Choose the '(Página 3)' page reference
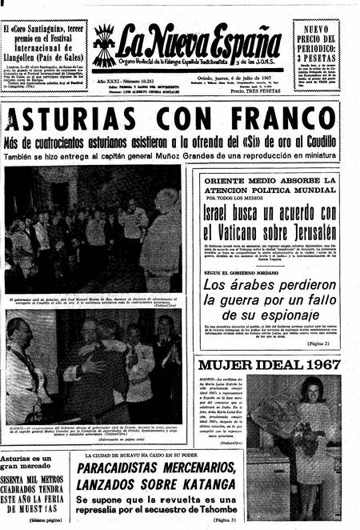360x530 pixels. (223, 519)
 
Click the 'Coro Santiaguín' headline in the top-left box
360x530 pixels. (43, 35)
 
